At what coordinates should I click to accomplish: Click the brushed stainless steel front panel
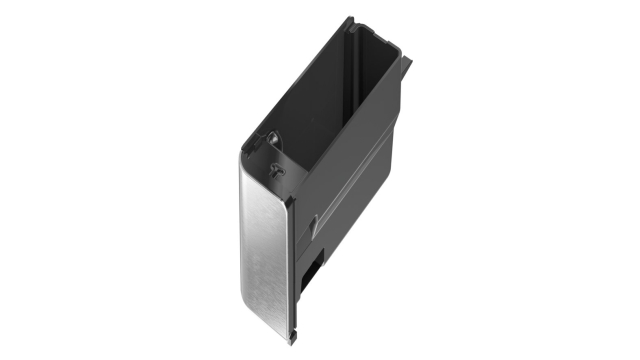pos(264,250)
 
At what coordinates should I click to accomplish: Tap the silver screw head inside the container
pos(272,136)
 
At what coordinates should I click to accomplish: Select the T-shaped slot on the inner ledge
pos(274,170)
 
